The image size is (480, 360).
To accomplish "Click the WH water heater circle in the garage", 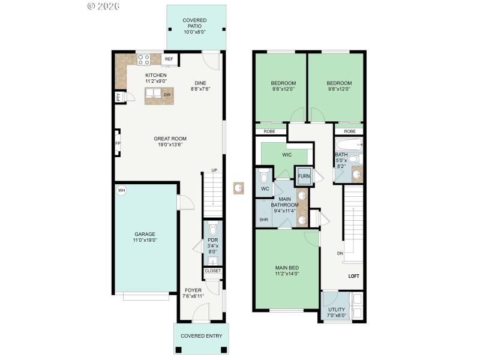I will [121, 191].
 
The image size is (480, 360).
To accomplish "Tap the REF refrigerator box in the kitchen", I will [169, 59].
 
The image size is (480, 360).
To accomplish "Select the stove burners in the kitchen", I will [144, 59].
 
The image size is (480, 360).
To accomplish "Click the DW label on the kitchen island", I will [167, 94].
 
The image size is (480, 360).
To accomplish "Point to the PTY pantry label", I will [118, 97].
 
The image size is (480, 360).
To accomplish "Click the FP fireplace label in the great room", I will [118, 143].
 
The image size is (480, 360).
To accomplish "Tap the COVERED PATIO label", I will [194, 23].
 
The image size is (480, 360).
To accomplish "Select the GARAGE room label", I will [145, 234].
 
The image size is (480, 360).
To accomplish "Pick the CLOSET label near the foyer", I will [213, 271].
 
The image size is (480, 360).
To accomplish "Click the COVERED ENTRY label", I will [198, 336].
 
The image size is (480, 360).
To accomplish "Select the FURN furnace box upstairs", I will [304, 176].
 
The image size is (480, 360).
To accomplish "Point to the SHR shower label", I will [263, 220].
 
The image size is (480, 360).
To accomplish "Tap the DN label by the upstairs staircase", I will [340, 253].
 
